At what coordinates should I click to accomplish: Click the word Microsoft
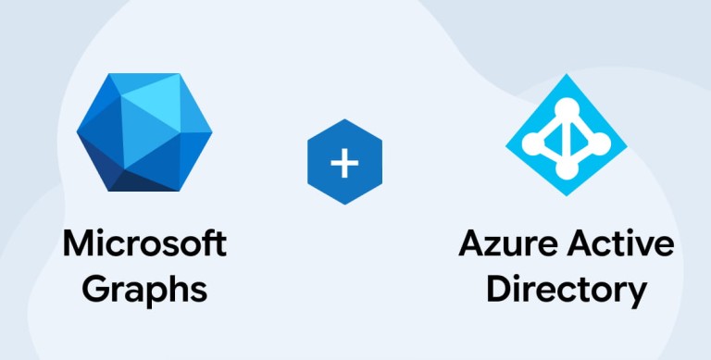coord(144,243)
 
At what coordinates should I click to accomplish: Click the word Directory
coord(566,291)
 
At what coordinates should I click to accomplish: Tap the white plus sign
coord(344,162)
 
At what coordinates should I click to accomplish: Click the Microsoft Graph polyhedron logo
coord(144,132)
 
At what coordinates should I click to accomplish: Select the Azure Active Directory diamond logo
coord(566,135)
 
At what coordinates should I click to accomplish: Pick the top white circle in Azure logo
coord(567,108)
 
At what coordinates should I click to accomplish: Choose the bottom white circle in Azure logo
coord(567,169)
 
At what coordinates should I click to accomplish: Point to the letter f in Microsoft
coord(210,243)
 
